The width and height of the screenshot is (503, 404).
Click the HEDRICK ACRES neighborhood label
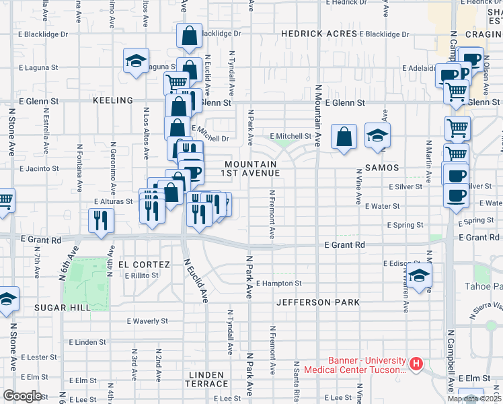pyautogui.click(x=319, y=34)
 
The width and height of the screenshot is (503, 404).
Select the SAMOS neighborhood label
pyautogui.click(x=382, y=167)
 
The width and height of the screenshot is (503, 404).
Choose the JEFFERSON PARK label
pyautogui.click(x=318, y=302)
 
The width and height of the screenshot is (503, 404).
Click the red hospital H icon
pyautogui.click(x=416, y=365)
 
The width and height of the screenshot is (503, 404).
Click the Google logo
pyautogui.click(x=22, y=396)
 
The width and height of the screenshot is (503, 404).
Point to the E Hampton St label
pyautogui.click(x=278, y=283)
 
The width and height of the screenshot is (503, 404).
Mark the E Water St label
pyautogui.click(x=383, y=206)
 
